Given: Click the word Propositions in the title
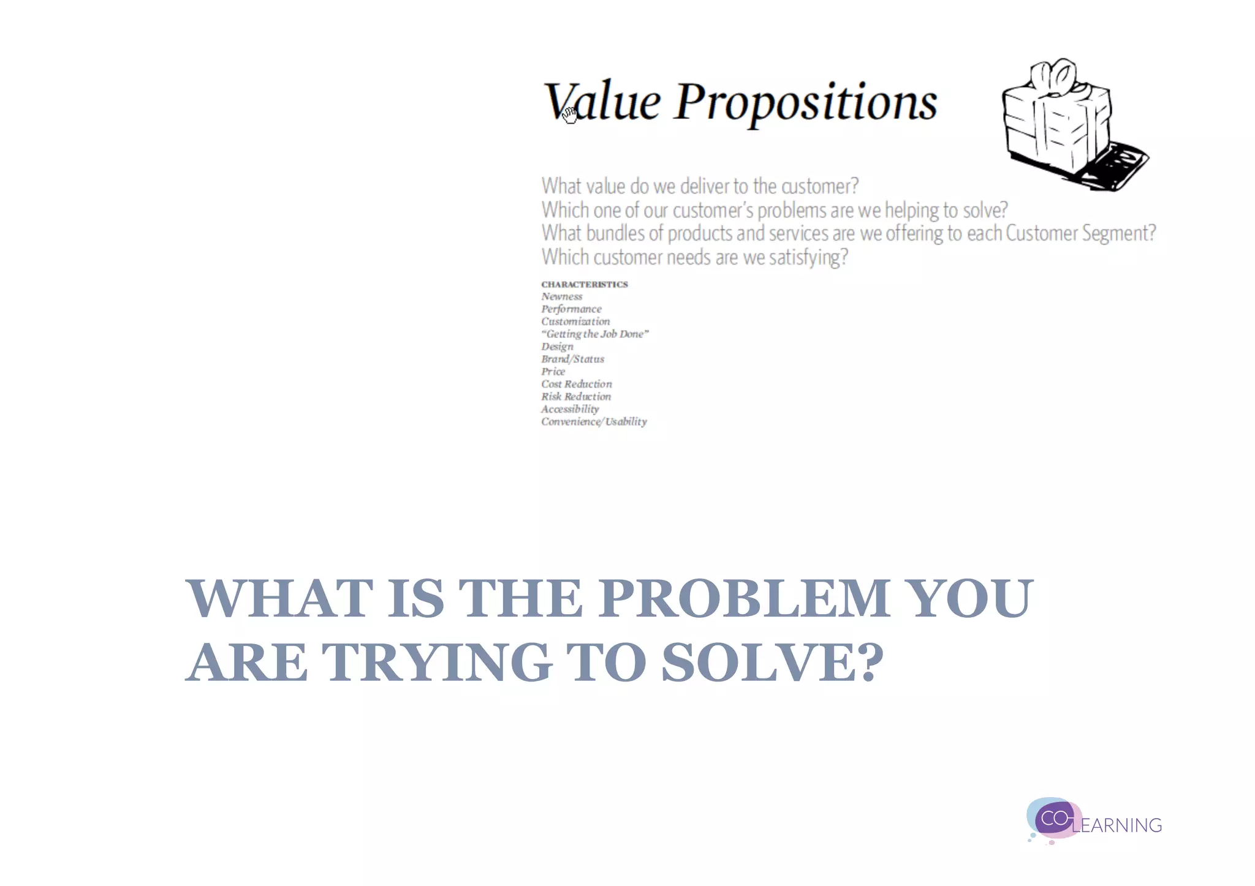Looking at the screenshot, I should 806,102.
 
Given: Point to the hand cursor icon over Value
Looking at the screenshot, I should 570,115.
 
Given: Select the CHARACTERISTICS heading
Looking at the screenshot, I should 585,284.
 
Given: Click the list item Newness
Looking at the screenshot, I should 562,296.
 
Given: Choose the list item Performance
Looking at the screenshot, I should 571,309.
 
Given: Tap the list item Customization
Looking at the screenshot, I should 575,321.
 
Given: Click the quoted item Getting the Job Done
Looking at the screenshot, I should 594,334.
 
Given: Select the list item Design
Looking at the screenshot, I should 557,347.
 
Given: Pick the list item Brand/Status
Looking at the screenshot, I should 572,359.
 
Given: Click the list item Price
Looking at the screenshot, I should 553,372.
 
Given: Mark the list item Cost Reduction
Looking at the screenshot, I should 576,384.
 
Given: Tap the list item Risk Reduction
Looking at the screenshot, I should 575,397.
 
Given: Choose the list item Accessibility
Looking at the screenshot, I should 570,409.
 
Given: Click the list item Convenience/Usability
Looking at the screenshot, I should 594,422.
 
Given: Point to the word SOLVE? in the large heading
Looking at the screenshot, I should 772,663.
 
